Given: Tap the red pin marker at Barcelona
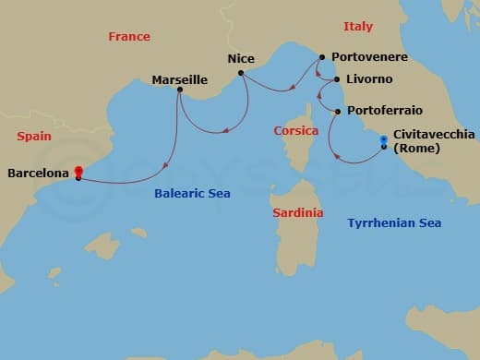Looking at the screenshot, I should [78, 172].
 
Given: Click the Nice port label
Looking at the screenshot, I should [240, 59].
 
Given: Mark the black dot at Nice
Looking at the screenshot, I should [240, 71].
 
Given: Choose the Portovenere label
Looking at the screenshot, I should [368, 57].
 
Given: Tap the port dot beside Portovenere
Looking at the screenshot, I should [321, 57].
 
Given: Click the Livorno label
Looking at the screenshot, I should [369, 80].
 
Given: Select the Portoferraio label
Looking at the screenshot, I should [385, 111].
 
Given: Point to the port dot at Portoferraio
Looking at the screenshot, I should [339, 112].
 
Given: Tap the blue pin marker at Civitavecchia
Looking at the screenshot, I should [383, 141].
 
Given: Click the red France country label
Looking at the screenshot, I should [129, 37].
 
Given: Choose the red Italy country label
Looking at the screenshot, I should [358, 27].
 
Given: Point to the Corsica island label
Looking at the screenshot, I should [296, 131].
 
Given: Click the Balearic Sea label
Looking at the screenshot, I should [192, 194].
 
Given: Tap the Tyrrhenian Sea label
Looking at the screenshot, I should [394, 223].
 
